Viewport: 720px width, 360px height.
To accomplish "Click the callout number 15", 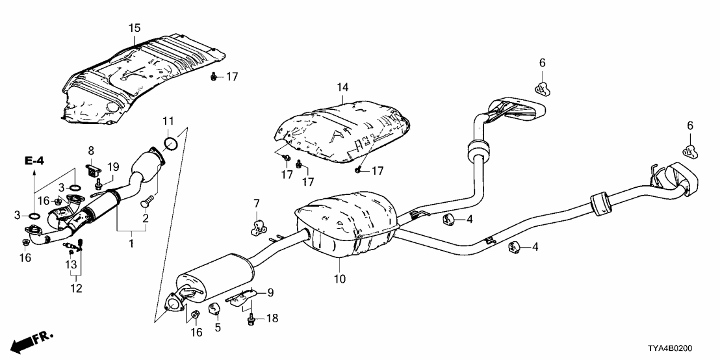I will point(134,29).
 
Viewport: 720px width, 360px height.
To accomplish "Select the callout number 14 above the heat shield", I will point(342,87).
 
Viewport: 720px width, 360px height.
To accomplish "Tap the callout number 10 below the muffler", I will point(340,279).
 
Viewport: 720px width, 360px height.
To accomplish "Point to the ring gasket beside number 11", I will point(171,143).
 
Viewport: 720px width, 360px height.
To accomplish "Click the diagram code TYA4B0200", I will point(684,349).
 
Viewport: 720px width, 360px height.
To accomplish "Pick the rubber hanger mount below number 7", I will point(259,227).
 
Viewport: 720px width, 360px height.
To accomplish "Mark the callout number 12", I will point(77,289).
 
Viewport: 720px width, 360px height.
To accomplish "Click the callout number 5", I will point(218,328).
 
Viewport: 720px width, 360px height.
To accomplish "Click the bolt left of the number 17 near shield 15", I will point(214,77).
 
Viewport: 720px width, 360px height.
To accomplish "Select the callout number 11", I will point(168,121).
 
